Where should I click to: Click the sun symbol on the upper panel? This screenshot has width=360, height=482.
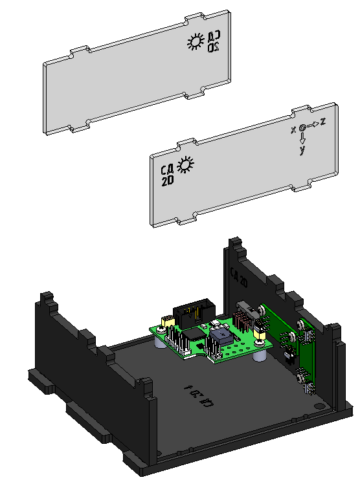tap(195, 43)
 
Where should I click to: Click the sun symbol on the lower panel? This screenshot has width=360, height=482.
tap(186, 166)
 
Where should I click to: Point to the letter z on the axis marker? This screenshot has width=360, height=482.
tap(322, 122)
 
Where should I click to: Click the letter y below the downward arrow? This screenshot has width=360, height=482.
tap(302, 150)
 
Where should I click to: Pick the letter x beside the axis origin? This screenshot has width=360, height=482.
tap(293, 129)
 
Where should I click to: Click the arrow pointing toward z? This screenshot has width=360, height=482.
tap(312, 124)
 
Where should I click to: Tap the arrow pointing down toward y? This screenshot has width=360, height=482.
tap(302, 138)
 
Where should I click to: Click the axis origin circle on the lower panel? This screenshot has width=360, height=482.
tap(302, 128)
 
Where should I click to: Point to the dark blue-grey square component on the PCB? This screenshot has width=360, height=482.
tap(222, 338)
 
